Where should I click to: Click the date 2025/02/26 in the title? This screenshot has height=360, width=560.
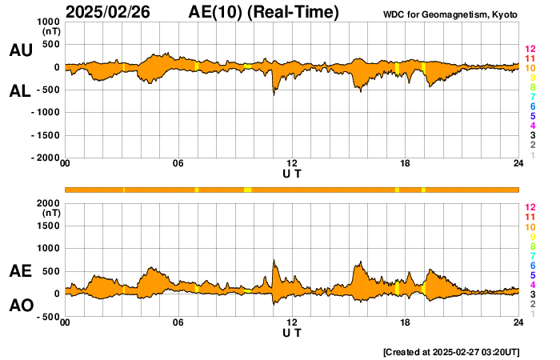click(107, 12)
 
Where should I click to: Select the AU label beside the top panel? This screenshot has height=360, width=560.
click(20, 50)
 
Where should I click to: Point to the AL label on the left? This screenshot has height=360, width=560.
click(20, 91)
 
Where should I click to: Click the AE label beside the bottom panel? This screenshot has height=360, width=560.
click(20, 271)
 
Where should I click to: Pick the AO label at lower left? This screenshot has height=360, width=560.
click(20, 305)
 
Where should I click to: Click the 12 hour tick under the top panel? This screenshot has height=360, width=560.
click(292, 164)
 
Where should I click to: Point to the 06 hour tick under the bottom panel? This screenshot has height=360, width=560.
click(178, 322)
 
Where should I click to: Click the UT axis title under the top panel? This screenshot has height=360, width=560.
click(292, 174)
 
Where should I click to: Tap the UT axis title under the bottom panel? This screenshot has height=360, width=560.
click(292, 332)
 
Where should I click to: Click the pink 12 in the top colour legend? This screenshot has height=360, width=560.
click(530, 50)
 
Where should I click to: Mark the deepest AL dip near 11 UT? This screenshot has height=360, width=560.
click(274, 96)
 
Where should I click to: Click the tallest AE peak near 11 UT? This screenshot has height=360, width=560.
click(274, 259)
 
